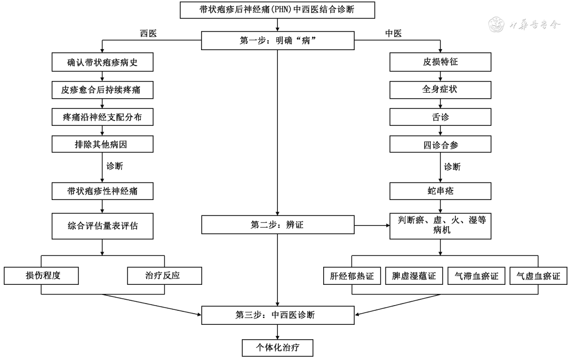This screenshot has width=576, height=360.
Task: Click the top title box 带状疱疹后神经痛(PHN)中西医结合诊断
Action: click(x=277, y=10)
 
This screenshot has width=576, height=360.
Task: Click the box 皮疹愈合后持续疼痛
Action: click(x=102, y=90)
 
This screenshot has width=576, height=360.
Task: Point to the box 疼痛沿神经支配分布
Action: click(x=102, y=117)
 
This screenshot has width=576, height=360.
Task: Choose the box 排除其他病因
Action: click(x=102, y=143)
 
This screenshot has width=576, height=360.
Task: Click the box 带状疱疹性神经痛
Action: click(x=102, y=191)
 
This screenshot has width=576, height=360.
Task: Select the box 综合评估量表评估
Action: click(x=102, y=225)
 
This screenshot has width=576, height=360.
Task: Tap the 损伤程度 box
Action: click(x=41, y=276)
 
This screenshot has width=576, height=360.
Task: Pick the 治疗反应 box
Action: click(x=165, y=276)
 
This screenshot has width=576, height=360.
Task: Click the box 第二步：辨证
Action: click(x=277, y=225)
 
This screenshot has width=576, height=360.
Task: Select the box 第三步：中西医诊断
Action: click(x=277, y=315)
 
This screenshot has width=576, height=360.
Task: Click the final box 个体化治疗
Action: click(x=277, y=347)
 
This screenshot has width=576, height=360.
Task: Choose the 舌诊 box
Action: click(x=440, y=117)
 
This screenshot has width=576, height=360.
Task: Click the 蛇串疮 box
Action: click(x=440, y=191)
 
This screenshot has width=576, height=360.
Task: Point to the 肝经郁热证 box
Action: click(x=352, y=276)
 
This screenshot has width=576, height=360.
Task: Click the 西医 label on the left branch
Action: click(x=148, y=34)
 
